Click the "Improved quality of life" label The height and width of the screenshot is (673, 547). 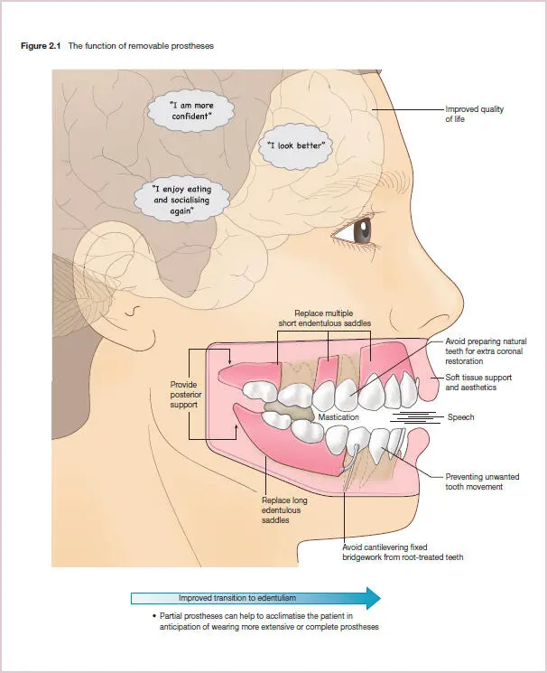click(474, 114)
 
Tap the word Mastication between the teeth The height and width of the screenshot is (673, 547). click(338, 417)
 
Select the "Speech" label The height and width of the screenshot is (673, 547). click(460, 417)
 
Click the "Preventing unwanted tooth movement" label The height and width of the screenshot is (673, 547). click(482, 481)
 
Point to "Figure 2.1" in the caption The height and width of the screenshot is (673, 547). click(41, 46)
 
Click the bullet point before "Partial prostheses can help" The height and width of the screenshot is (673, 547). click(154, 616)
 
